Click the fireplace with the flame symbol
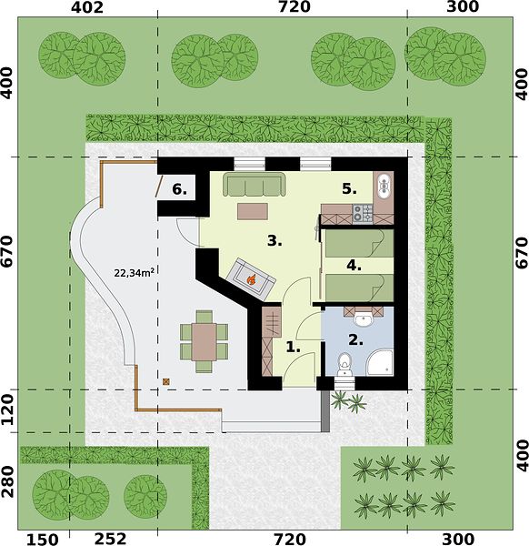pyautogui.click(x=251, y=279)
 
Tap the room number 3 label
pyautogui.click(x=274, y=240)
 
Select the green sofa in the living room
pyautogui.click(x=255, y=184)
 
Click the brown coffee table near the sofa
pyautogui.click(x=253, y=211)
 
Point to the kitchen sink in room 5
pyautogui.click(x=384, y=186)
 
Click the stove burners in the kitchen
pyautogui.click(x=363, y=214)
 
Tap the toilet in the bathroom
pyautogui.click(x=344, y=364)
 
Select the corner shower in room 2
pyautogui.click(x=380, y=362)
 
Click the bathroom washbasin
pyautogui.click(x=364, y=319)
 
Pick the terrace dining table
pyautogui.click(x=205, y=342)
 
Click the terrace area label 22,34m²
pyautogui.click(x=135, y=273)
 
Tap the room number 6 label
pyautogui.click(x=179, y=190)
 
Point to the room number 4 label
pyautogui.click(x=354, y=266)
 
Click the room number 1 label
pyautogui.click(x=294, y=347)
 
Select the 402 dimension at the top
pyautogui.click(x=87, y=7)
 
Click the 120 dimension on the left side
pyautogui.click(x=7, y=409)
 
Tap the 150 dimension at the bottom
pyautogui.click(x=43, y=540)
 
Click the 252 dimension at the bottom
pyautogui.click(x=111, y=539)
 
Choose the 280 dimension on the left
pyautogui.click(x=7, y=482)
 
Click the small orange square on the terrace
pyautogui.click(x=166, y=381)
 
